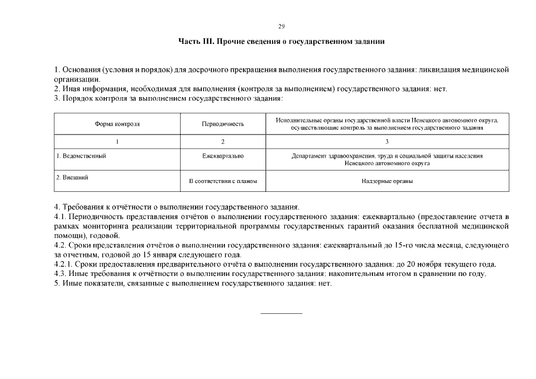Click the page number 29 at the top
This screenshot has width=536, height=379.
pyautogui.click(x=281, y=26)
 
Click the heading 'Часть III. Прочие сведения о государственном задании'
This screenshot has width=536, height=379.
pyautogui.click(x=281, y=41)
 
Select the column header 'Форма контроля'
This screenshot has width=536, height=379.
pyautogui.click(x=117, y=124)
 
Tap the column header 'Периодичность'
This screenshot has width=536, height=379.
pyautogui.click(x=223, y=124)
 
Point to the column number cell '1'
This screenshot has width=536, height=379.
pyautogui.click(x=117, y=142)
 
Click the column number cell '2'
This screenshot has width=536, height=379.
pyautogui.click(x=223, y=142)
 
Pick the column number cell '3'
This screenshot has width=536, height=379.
pyautogui.click(x=387, y=142)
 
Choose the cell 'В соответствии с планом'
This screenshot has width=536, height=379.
pyautogui.click(x=223, y=181)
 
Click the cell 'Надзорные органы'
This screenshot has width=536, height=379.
pyautogui.click(x=387, y=181)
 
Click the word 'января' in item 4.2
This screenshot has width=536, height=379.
pyautogui.click(x=156, y=255)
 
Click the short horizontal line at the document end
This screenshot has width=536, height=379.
pyautogui.click(x=281, y=312)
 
